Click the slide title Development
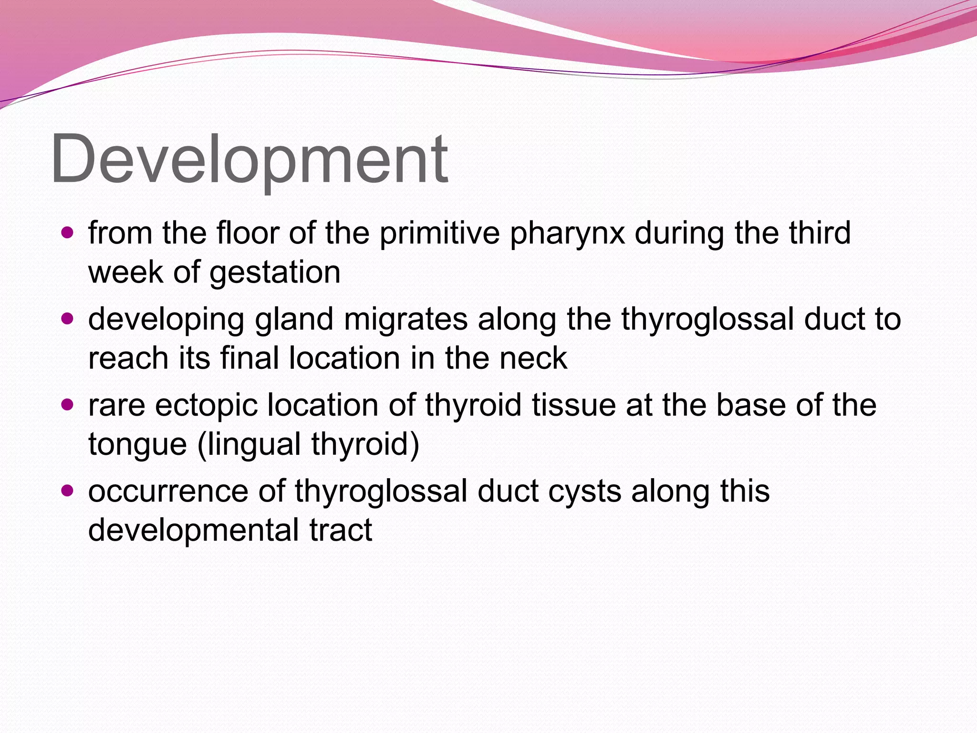[x=249, y=160]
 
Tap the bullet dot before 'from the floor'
[x=68, y=233]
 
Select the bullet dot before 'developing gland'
[x=68, y=319]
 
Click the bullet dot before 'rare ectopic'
[x=68, y=405]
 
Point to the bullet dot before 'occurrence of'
[x=68, y=491]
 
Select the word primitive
[x=439, y=234]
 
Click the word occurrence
[x=168, y=492]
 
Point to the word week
[x=125, y=272]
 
